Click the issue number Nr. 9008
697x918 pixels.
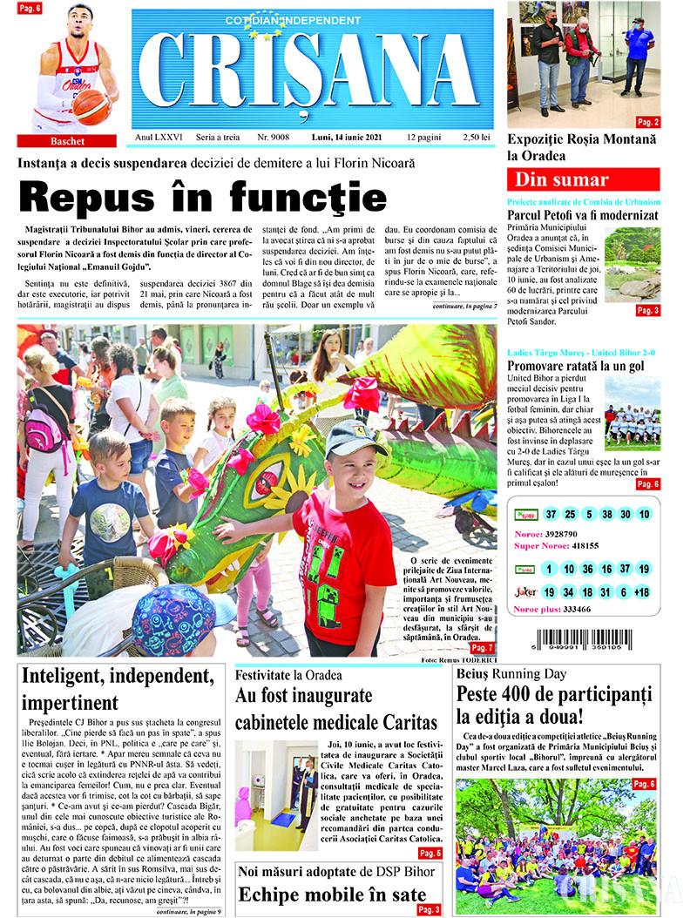[274, 138]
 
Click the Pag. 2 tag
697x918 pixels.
[647, 122]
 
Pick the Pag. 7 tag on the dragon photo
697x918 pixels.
[482, 648]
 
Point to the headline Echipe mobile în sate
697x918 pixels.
[332, 894]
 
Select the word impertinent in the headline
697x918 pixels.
[70, 703]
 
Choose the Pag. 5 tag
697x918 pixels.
[430, 853]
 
